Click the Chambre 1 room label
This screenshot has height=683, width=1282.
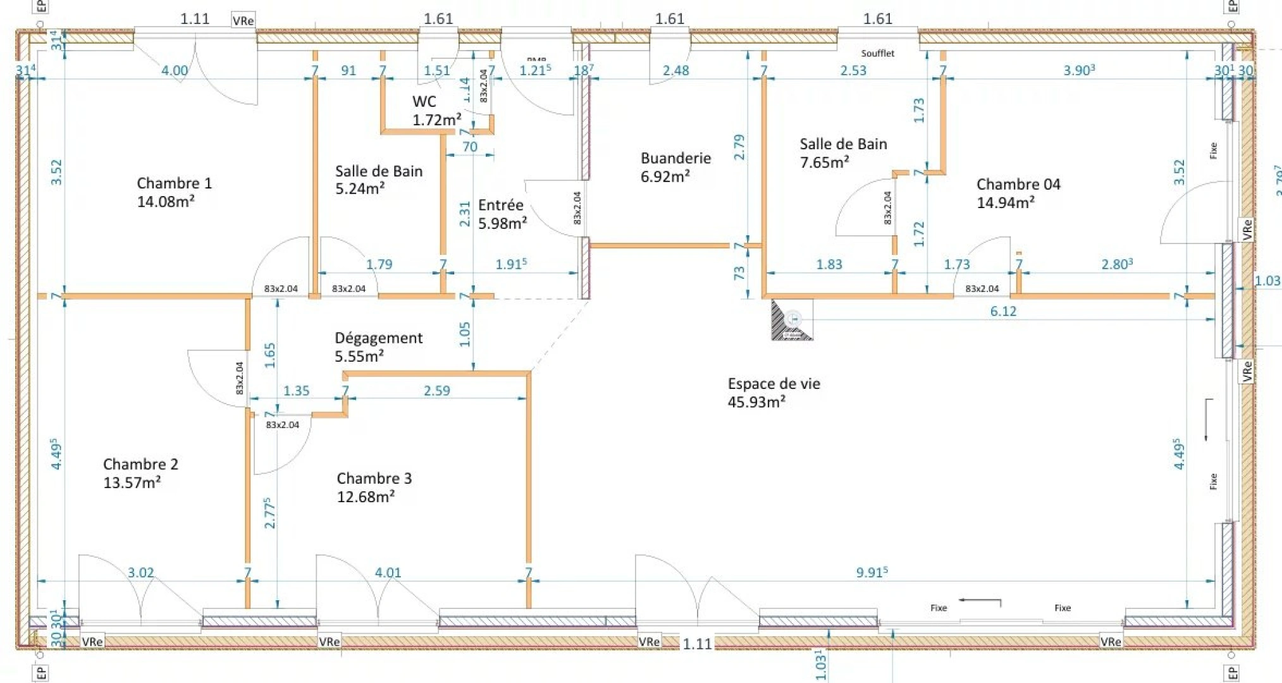(174, 183)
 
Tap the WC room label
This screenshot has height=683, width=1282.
(424, 102)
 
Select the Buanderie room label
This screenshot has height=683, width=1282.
(675, 158)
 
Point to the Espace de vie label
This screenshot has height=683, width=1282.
(774, 384)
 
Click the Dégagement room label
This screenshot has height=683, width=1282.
(378, 338)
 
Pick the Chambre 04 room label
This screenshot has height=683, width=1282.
(1018, 185)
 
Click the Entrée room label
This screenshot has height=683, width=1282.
(500, 206)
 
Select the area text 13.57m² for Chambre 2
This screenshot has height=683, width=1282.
(132, 483)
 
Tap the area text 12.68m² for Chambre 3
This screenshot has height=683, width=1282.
(366, 496)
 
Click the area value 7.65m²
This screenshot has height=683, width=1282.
(823, 163)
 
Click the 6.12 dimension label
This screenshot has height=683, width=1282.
(1003, 311)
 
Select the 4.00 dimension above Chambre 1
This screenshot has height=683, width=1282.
(175, 70)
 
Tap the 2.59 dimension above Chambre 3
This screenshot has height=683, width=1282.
(436, 391)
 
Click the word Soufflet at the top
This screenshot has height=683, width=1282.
(877, 53)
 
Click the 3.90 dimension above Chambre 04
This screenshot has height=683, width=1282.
(1078, 70)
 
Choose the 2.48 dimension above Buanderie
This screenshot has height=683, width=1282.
(675, 70)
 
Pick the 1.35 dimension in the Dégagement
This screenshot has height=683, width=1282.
(296, 391)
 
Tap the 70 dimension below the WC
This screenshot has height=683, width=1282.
(469, 147)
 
